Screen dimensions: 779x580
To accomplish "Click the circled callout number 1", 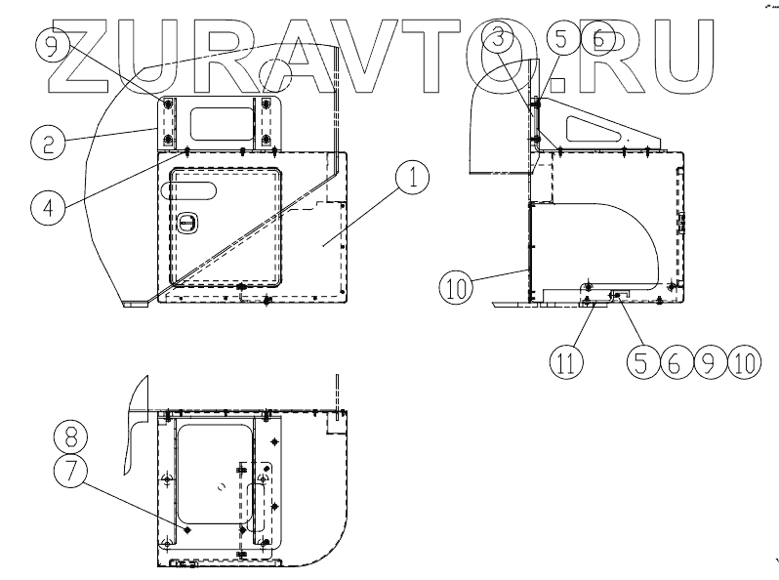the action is (412, 178).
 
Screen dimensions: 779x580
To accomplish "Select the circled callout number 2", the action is (48, 143).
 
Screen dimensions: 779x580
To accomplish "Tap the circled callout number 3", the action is (498, 39).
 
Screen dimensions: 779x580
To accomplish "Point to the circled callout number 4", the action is (48, 207).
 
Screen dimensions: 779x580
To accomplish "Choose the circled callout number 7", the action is (70, 471).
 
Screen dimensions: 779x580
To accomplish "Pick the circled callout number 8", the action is (70, 436).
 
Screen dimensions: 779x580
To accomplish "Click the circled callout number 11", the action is (566, 362).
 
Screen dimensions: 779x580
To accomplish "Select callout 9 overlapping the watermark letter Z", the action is (53, 45).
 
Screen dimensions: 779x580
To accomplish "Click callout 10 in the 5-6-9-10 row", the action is (744, 362).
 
